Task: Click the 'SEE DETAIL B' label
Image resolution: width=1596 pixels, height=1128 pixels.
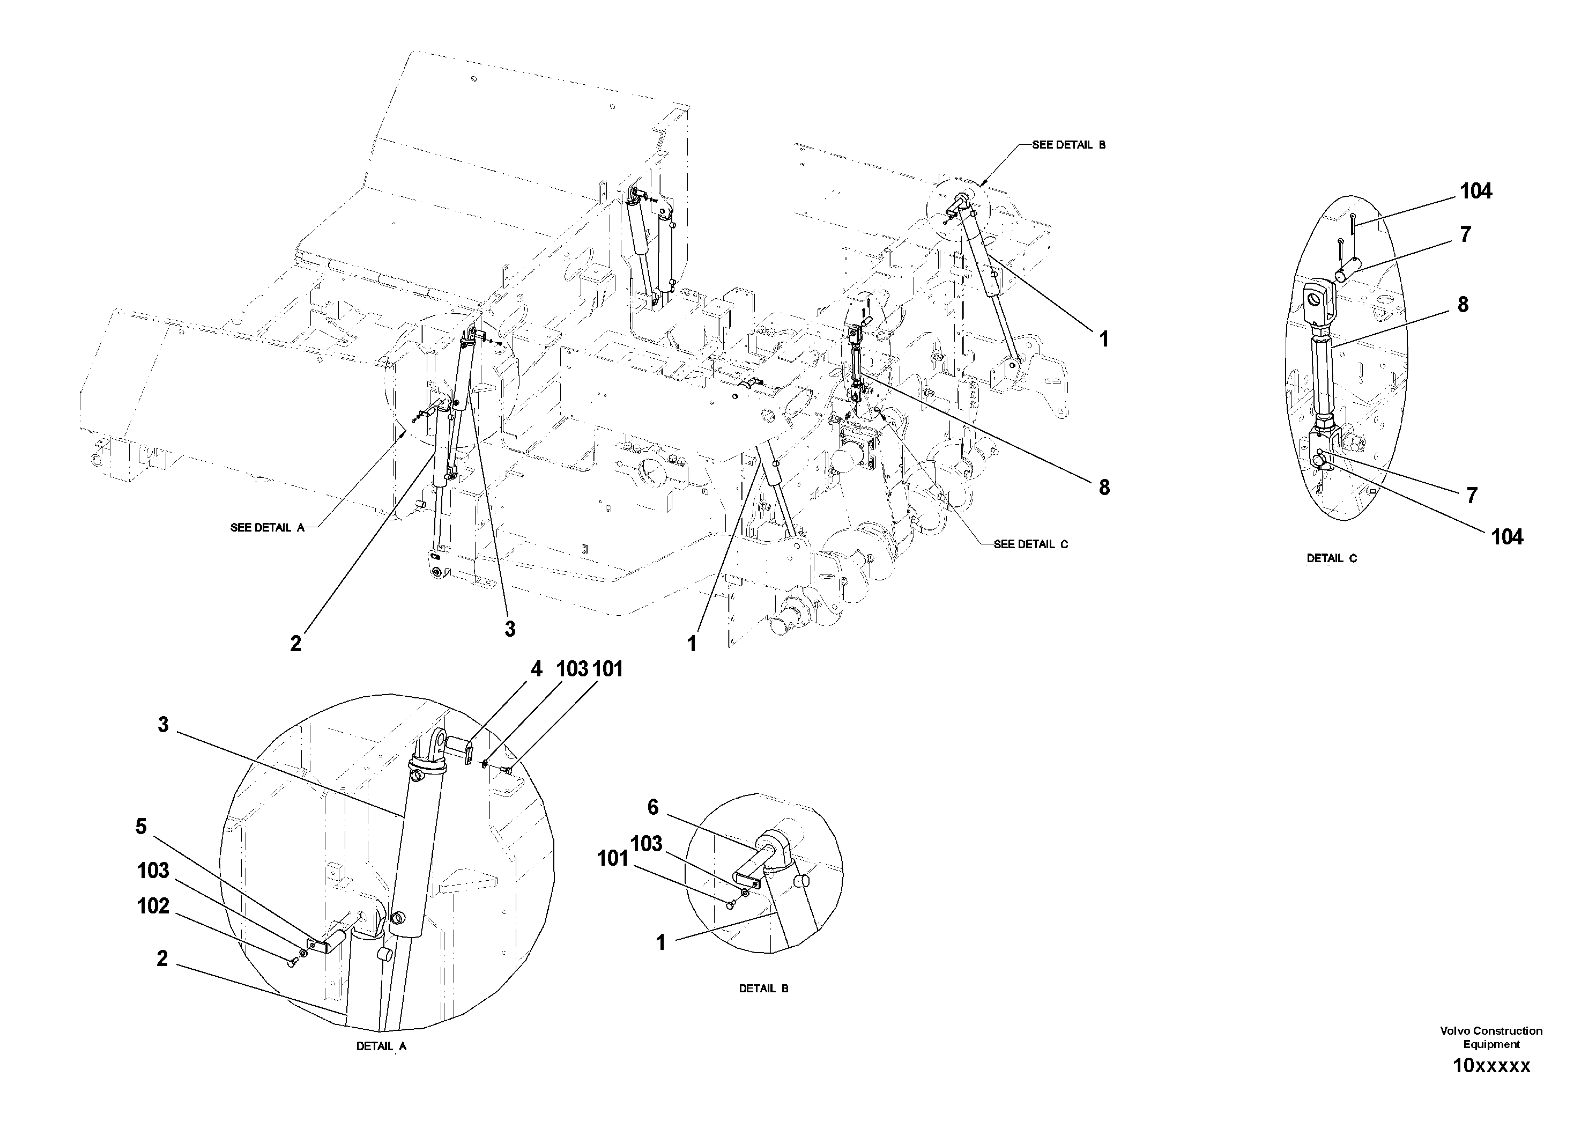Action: (x=1068, y=145)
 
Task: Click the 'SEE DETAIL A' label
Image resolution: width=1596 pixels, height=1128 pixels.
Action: (x=267, y=528)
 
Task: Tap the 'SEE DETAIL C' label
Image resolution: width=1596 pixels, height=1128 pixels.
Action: (x=1030, y=544)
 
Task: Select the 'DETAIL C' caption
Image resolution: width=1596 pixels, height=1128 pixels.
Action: (x=1331, y=558)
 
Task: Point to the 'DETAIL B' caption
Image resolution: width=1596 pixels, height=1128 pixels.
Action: (x=763, y=988)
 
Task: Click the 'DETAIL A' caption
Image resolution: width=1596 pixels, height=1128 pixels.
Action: (x=381, y=1046)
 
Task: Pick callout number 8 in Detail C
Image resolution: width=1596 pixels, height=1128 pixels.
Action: (x=1463, y=305)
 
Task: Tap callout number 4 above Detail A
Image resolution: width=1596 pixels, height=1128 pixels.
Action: (x=536, y=670)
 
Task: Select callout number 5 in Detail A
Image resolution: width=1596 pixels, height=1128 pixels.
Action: (x=141, y=827)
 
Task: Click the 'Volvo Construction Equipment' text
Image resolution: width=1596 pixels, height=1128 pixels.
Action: (x=1491, y=1037)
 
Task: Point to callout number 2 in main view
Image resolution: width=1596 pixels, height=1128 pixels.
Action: (x=295, y=644)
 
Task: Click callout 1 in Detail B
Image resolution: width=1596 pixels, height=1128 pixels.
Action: (x=660, y=943)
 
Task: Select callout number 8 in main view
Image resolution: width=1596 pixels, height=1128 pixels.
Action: (x=1104, y=488)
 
